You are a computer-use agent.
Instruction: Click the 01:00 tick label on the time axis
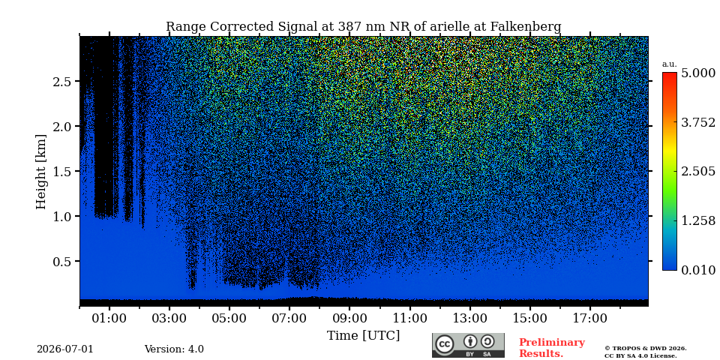[x=109, y=318]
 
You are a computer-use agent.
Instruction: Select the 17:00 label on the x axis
[x=589, y=318]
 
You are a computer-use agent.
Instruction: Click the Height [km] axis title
[x=41, y=172]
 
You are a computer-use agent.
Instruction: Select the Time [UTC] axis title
[x=363, y=336]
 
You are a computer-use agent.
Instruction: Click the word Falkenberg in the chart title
[x=526, y=27]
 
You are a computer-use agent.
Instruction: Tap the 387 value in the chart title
[x=349, y=27]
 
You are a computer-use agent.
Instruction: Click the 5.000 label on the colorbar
[x=698, y=73]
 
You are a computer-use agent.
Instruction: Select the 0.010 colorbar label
[x=698, y=270]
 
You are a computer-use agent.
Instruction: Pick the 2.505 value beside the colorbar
[x=698, y=172]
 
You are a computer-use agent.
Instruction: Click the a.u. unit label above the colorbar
[x=670, y=64]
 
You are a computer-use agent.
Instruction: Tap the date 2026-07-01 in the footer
[x=65, y=349]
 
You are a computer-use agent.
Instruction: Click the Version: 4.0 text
[x=174, y=349]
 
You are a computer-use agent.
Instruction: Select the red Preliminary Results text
[x=552, y=348]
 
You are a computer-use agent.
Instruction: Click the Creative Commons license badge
[x=468, y=345]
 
